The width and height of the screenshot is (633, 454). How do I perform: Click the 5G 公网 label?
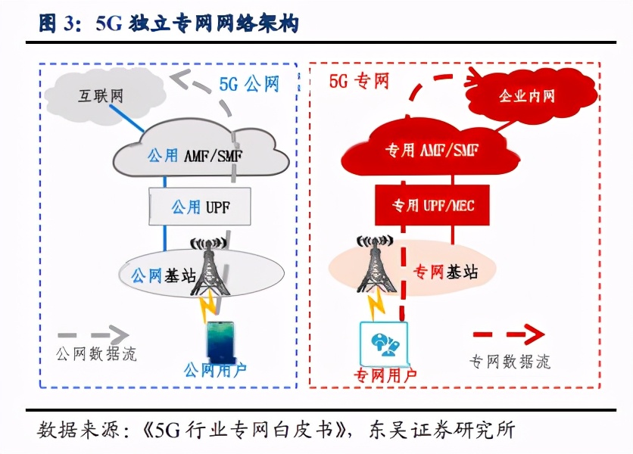click(249, 83)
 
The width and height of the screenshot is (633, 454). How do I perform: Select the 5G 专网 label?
click(359, 80)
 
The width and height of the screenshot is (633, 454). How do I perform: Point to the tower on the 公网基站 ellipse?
click(208, 269)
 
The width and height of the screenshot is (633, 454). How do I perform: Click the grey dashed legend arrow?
click(94, 333)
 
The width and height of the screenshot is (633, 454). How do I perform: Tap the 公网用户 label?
click(216, 371)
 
